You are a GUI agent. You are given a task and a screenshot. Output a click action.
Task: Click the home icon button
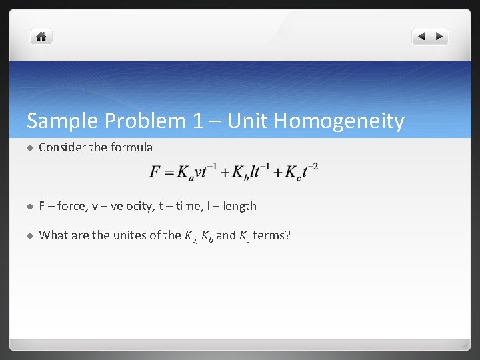click(x=41, y=37)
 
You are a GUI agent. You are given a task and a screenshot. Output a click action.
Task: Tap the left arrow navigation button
click(x=421, y=37)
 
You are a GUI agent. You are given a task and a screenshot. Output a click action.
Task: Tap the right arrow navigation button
click(x=440, y=37)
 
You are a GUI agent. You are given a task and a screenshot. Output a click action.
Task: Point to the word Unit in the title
click(x=246, y=121)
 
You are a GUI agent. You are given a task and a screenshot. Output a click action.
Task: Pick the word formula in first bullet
click(x=132, y=147)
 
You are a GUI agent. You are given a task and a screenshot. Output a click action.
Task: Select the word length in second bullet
click(x=239, y=206)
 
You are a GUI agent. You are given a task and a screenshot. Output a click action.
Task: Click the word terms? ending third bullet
click(x=272, y=235)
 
